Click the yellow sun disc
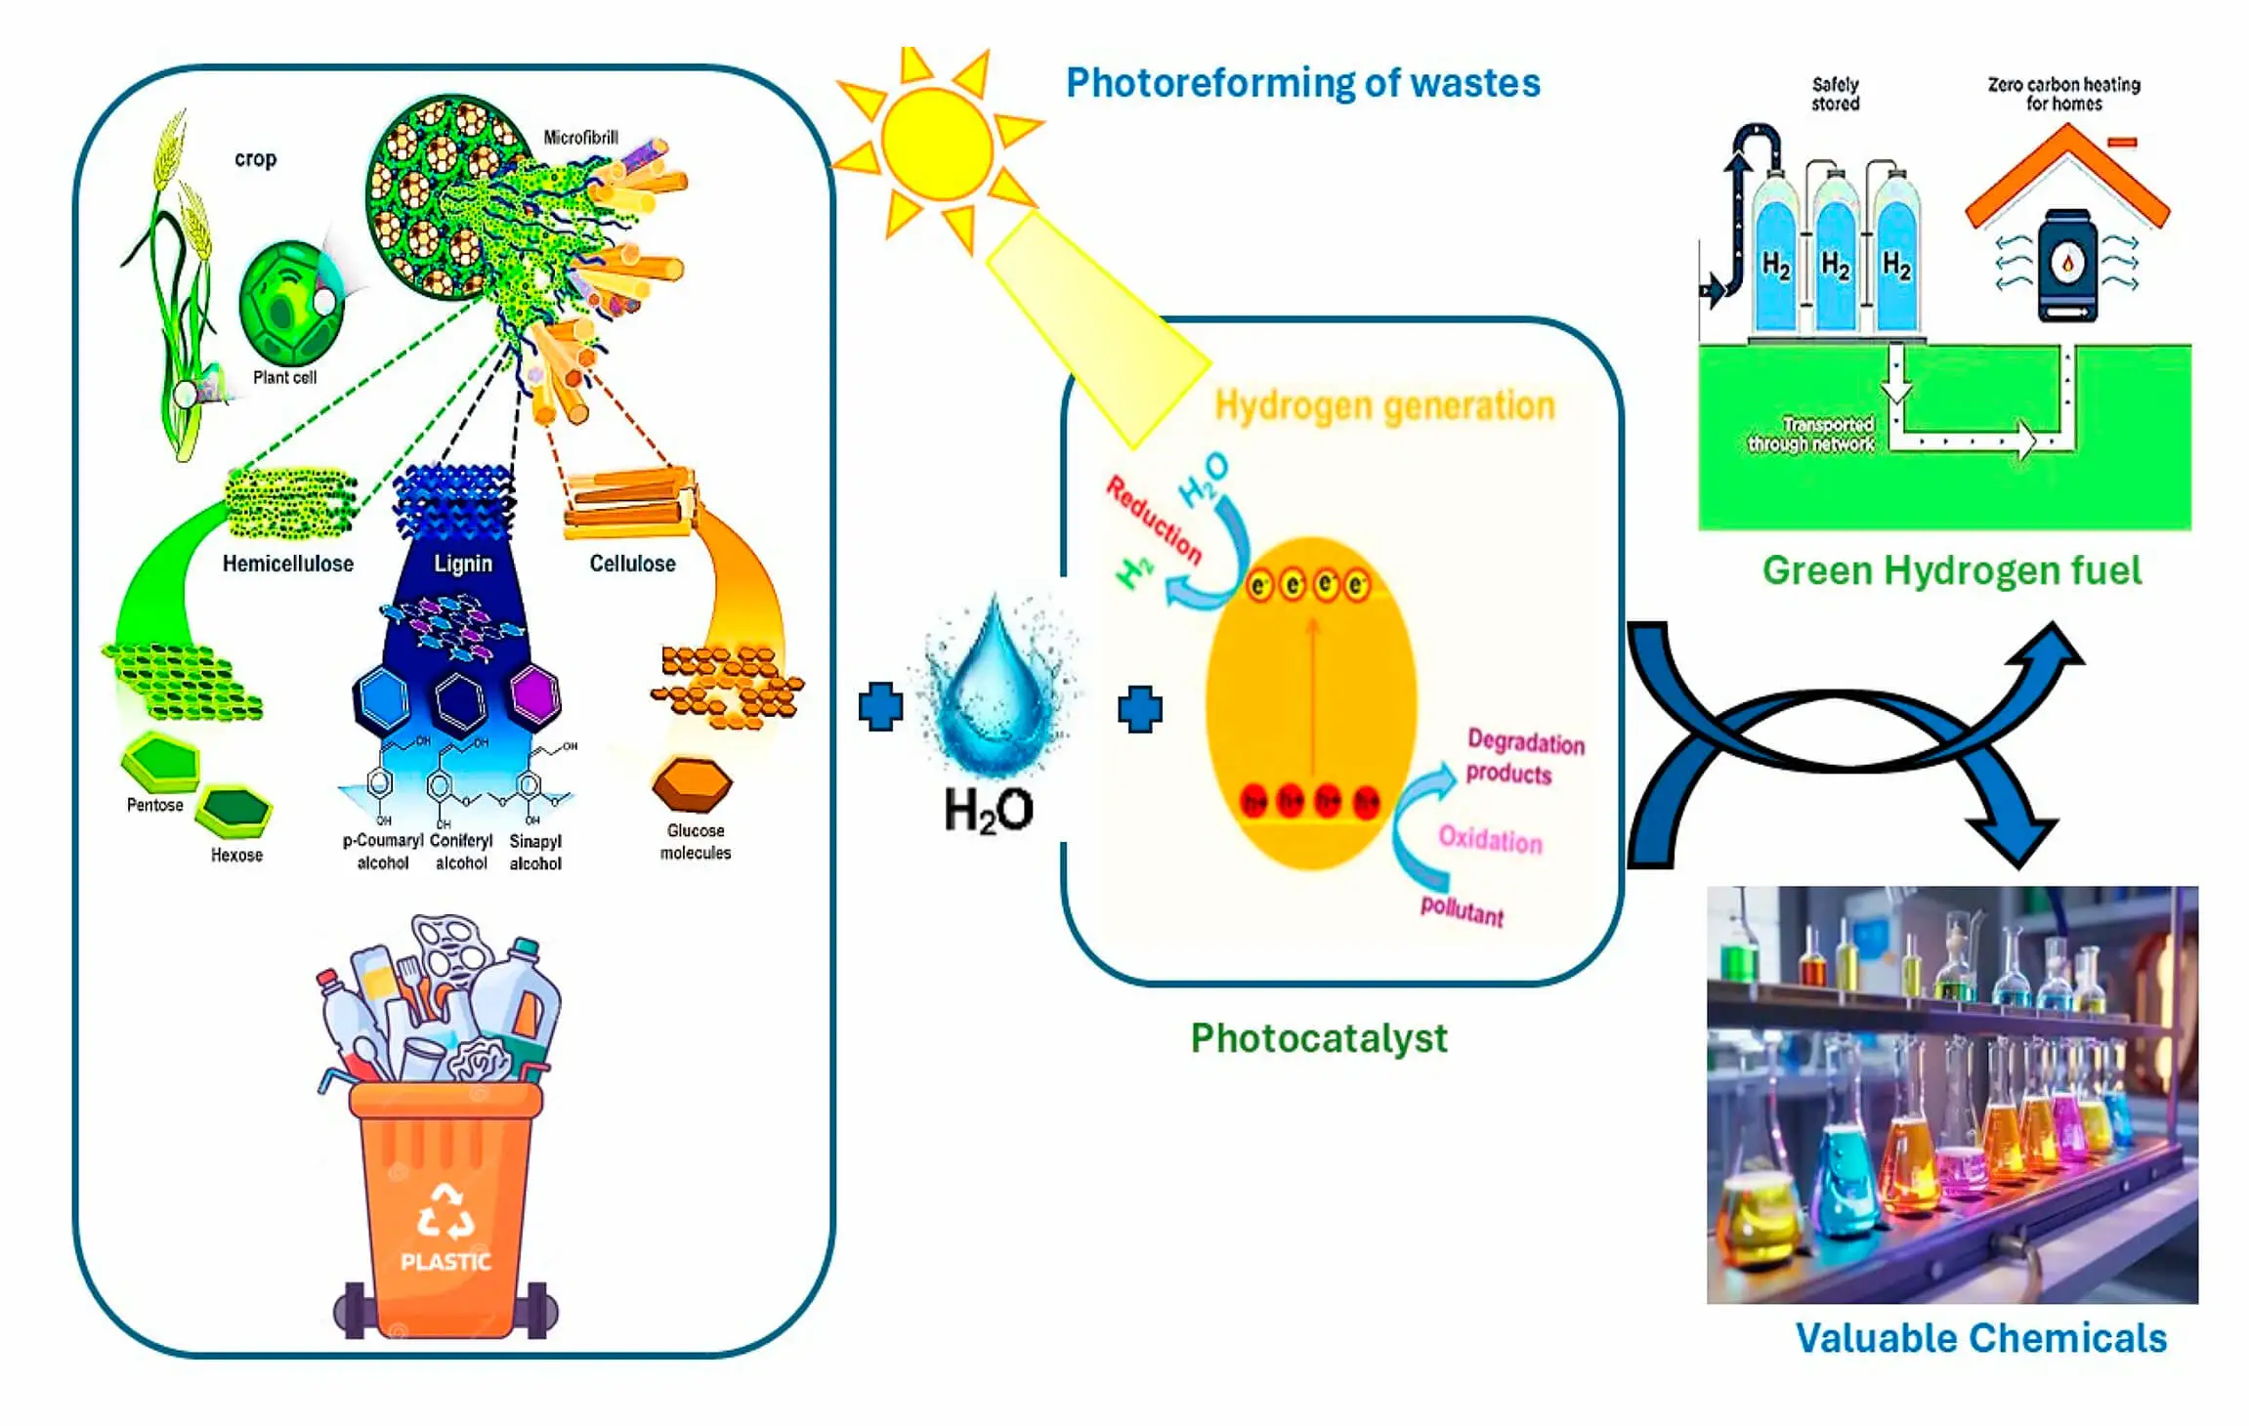[x=936, y=144]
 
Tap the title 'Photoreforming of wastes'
[x=1302, y=83]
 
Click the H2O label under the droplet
[x=988, y=811]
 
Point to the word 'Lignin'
[x=463, y=564]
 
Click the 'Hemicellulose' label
[x=287, y=564]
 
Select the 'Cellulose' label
[x=632, y=564]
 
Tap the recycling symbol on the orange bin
[x=446, y=1211]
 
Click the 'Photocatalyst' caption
[x=1318, y=1038]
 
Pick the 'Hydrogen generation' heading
[x=1384, y=405]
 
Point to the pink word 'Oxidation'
[x=1490, y=840]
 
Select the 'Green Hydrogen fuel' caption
[x=1951, y=570]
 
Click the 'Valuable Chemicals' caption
[x=1980, y=1338]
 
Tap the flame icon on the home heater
[x=2067, y=262]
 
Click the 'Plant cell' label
[x=284, y=378]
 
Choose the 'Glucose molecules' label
[x=696, y=842]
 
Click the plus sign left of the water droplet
[x=880, y=706]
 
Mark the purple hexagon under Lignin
[x=534, y=695]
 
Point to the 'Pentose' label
[x=154, y=805]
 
